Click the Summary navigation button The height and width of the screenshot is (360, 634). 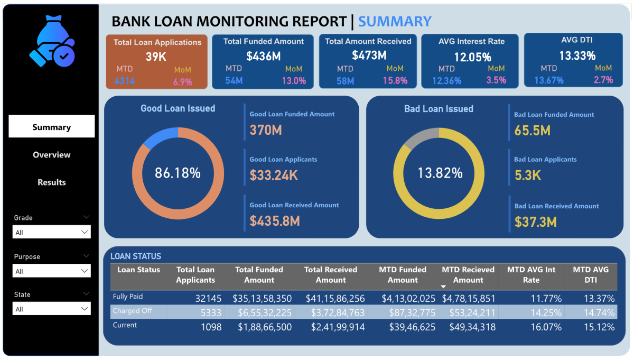click(x=51, y=127)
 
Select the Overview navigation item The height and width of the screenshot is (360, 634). click(x=51, y=154)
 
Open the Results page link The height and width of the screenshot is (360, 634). click(x=51, y=182)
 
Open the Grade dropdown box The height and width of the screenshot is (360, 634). click(x=51, y=232)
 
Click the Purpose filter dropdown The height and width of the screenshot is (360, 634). click(x=51, y=271)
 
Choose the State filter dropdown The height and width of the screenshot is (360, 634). click(x=51, y=309)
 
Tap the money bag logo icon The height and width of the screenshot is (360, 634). click(x=52, y=48)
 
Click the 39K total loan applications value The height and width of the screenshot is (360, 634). click(x=156, y=57)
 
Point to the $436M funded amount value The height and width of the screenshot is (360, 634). click(x=264, y=56)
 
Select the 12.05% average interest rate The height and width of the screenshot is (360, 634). click(x=472, y=57)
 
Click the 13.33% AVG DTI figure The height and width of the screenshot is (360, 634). click(x=577, y=56)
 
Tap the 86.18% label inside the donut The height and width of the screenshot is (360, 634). click(x=178, y=173)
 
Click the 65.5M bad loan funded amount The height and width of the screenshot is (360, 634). click(x=533, y=131)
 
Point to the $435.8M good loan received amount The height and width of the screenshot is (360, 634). click(x=275, y=220)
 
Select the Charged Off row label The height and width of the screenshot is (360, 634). click(x=132, y=311)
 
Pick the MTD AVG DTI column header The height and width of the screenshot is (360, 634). click(x=591, y=275)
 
